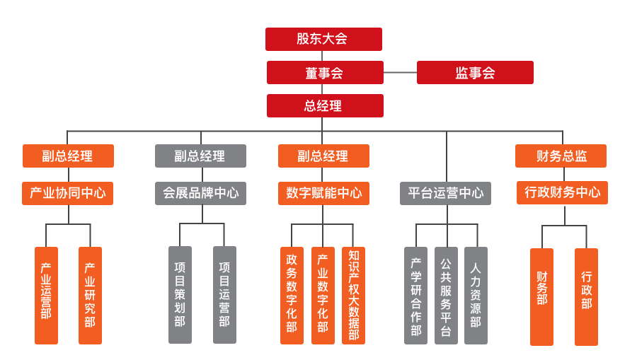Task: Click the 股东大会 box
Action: tap(323, 39)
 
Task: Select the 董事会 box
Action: tap(325, 72)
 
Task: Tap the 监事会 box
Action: tap(475, 72)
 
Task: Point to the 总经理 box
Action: tap(325, 105)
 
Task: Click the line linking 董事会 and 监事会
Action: tap(400, 72)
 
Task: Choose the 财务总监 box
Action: tap(561, 156)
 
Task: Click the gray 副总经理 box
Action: tap(200, 156)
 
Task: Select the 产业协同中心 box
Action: tap(68, 192)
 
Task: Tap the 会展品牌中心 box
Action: tap(200, 192)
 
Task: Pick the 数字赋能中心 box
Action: tap(323, 192)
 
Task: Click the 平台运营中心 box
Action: tap(445, 192)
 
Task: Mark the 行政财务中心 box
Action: tap(562, 192)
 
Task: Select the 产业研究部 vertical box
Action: tap(90, 295)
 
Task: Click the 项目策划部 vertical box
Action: tap(180, 295)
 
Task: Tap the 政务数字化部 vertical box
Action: tap(292, 295)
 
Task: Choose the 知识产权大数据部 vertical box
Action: tap(353, 295)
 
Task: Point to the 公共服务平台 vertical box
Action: tap(446, 295)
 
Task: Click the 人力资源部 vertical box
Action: tap(476, 295)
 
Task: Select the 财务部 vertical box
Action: tap(541, 296)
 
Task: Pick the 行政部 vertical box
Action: tap(586, 296)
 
